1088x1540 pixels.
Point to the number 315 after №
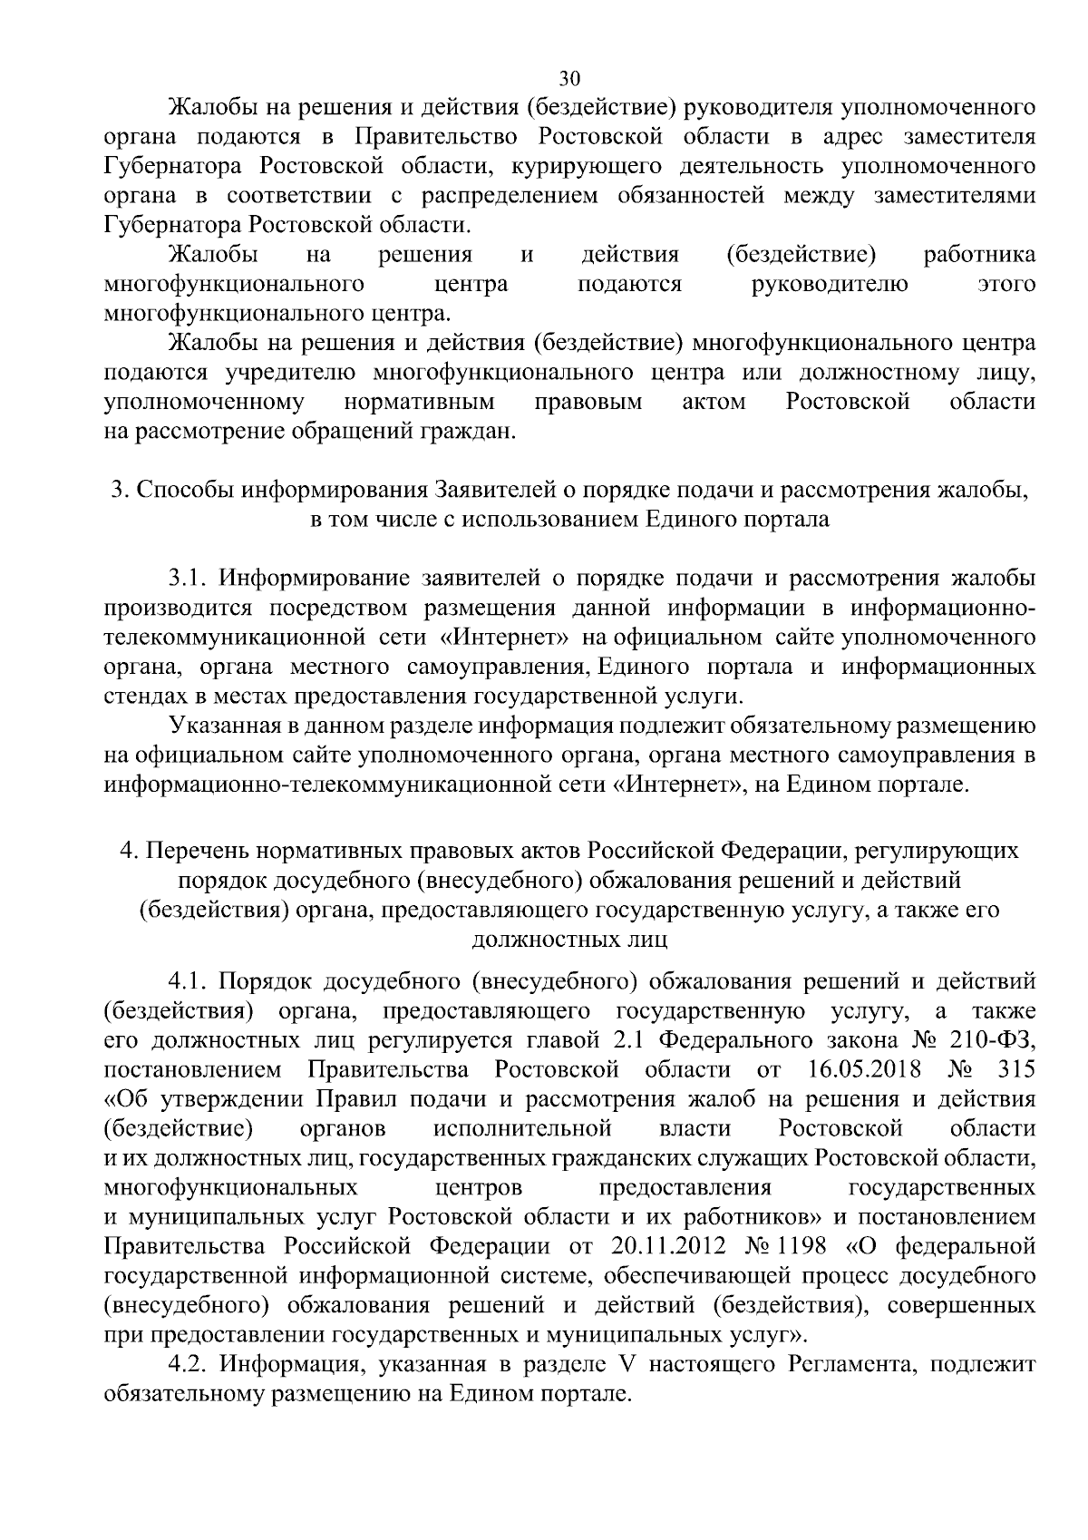(x=1015, y=1069)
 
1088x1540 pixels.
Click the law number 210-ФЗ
(x=994, y=1039)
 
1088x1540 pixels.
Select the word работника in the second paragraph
(x=979, y=255)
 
